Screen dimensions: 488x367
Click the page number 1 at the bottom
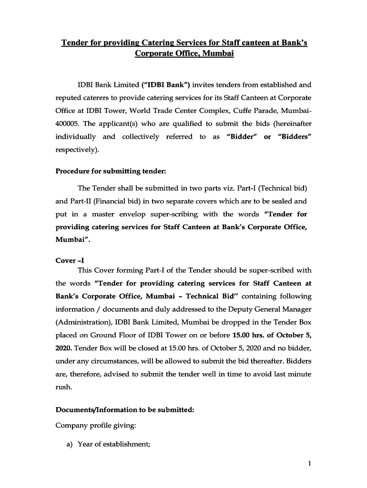[x=309, y=463]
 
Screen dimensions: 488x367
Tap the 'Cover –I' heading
[x=70, y=261]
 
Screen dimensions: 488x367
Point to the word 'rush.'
[x=64, y=387]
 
